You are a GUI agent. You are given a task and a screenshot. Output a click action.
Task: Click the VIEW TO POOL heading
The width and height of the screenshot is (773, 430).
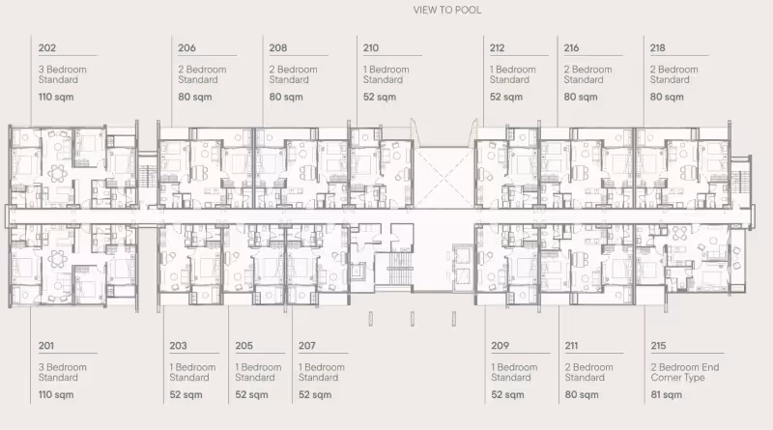click(447, 10)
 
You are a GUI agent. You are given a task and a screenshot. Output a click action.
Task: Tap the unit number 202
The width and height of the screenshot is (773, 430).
click(46, 48)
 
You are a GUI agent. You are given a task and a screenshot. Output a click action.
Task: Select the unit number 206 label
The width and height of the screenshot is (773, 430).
click(186, 48)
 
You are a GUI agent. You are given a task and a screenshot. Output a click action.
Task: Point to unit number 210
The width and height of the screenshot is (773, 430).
click(371, 48)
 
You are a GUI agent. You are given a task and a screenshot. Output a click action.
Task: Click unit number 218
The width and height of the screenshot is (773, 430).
click(657, 48)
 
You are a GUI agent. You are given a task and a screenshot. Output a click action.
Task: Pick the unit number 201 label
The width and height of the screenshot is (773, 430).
click(45, 346)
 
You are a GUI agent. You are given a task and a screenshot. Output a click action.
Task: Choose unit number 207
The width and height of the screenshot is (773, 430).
click(306, 346)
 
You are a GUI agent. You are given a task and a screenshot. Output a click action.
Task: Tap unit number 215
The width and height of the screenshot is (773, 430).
click(658, 346)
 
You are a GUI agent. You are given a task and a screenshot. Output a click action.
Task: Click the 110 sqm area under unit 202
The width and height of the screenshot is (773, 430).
click(56, 98)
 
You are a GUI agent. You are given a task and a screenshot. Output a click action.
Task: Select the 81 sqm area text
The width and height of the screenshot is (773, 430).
click(666, 395)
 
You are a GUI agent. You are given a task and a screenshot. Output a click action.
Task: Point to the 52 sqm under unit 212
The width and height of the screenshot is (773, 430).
click(505, 98)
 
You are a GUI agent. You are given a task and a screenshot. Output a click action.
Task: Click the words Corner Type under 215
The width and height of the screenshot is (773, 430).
click(677, 378)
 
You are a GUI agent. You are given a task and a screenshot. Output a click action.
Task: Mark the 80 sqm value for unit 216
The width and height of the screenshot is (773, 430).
click(581, 98)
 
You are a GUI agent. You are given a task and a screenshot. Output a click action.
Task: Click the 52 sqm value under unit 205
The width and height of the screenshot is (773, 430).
click(251, 395)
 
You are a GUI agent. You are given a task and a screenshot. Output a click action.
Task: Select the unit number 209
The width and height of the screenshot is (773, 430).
click(500, 346)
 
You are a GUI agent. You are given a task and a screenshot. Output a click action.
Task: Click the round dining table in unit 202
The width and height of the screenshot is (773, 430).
click(58, 173)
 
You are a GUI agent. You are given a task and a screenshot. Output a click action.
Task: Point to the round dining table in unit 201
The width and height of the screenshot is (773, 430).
click(58, 259)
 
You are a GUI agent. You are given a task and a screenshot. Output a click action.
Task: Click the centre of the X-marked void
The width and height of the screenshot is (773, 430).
click(444, 178)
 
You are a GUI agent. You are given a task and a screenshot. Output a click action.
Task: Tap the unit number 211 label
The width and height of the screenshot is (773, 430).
click(571, 346)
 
